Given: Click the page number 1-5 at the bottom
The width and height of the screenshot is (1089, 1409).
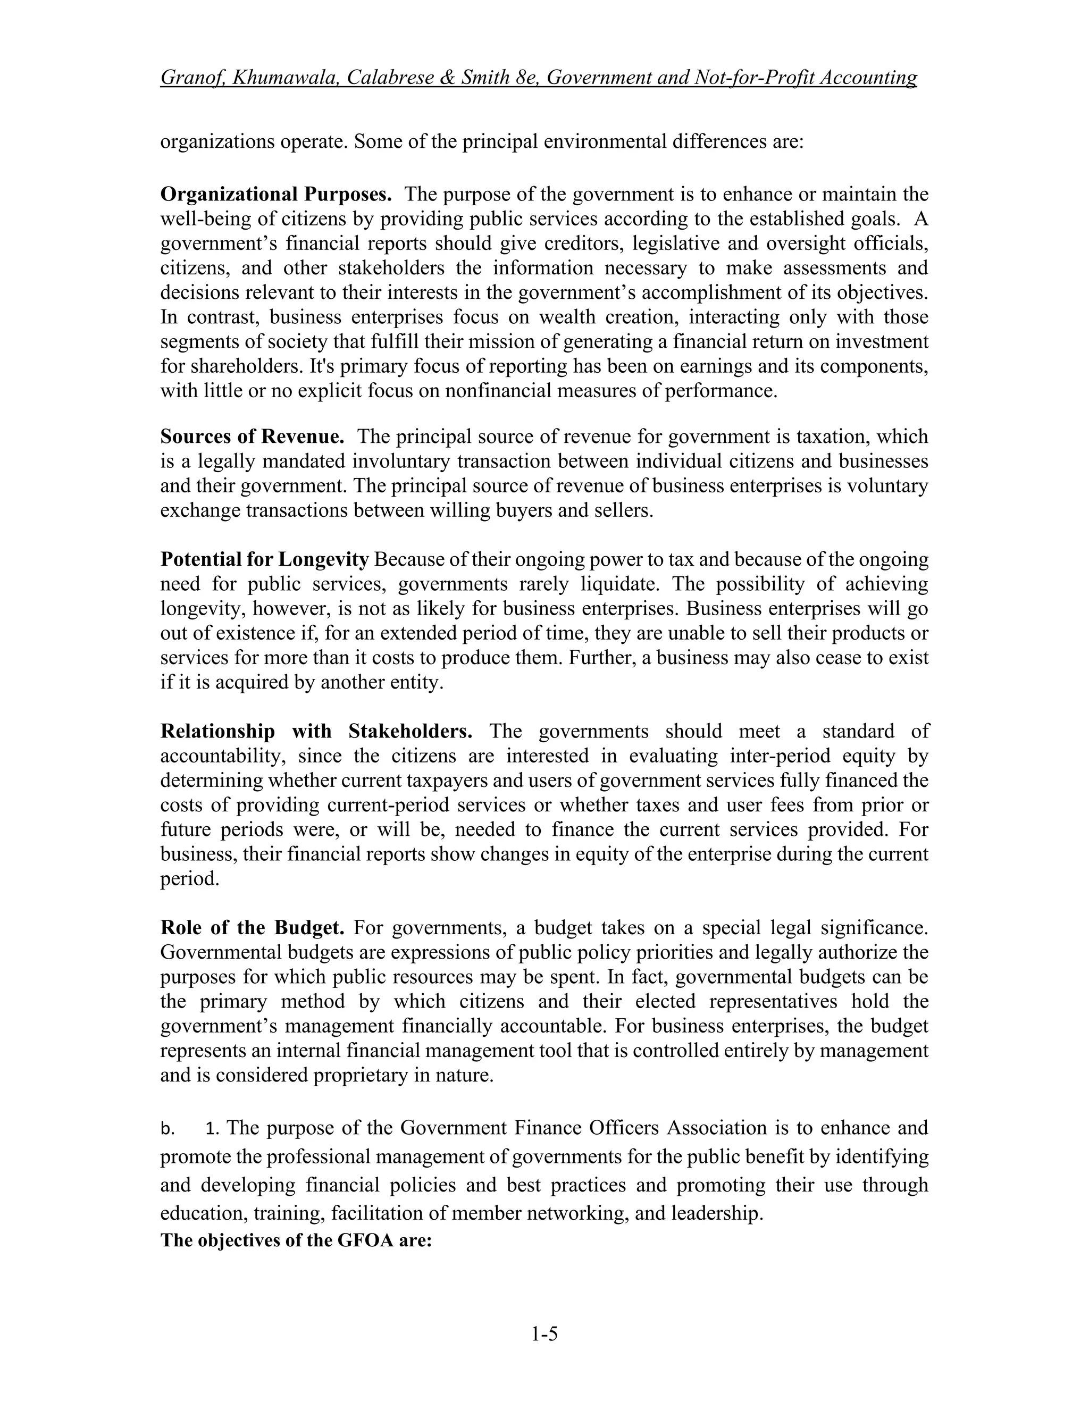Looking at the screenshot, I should click(x=544, y=1333).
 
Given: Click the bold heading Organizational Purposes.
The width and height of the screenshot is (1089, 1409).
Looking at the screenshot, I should click(x=275, y=194).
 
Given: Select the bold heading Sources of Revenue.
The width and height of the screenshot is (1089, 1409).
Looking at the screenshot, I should click(x=252, y=437).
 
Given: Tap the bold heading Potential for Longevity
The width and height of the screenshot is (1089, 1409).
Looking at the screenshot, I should click(x=264, y=559).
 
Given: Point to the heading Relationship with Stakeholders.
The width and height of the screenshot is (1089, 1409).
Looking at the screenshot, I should click(x=316, y=731).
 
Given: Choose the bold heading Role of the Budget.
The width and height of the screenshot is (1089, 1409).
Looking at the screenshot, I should click(x=252, y=928).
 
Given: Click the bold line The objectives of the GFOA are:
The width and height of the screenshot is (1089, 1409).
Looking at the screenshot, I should click(x=296, y=1240).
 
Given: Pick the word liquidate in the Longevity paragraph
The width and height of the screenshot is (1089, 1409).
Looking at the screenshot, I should click(x=620, y=584).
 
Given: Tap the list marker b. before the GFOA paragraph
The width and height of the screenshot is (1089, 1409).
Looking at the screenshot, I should click(x=167, y=1129).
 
